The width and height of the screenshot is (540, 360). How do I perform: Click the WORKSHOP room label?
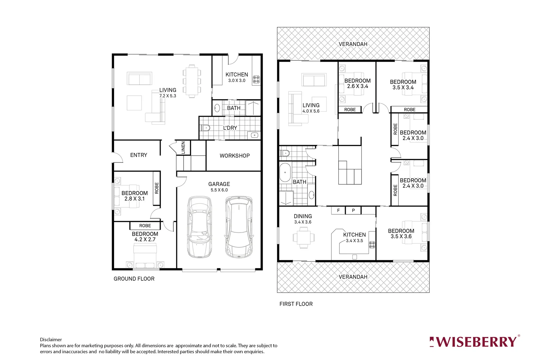tap(234, 156)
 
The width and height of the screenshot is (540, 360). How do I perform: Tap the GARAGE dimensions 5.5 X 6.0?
tap(219, 190)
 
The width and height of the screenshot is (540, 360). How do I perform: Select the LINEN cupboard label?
tap(183, 148)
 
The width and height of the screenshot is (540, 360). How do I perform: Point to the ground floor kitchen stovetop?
tap(256, 79)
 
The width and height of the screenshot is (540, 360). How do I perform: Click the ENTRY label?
tap(139, 155)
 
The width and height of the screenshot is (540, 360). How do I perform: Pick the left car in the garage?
tap(199, 227)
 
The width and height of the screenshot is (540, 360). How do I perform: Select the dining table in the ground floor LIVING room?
tap(192, 81)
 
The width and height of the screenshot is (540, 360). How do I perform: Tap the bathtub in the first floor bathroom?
tap(285, 172)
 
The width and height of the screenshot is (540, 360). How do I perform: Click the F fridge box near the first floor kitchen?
tap(338, 210)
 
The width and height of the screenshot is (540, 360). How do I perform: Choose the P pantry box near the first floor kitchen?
tap(353, 210)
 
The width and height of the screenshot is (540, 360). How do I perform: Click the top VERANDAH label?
tap(353, 44)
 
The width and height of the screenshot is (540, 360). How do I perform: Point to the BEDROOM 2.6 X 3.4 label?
tap(357, 83)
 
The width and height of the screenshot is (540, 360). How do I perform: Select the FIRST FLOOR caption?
tap(296, 304)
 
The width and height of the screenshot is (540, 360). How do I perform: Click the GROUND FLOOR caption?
tap(134, 279)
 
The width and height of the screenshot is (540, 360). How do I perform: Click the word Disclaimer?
tap(51, 340)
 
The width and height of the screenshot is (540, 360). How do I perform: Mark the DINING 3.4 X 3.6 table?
tap(303, 237)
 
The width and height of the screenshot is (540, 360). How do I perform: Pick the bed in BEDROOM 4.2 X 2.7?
tap(145, 255)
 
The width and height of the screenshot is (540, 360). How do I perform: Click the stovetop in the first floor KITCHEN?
tap(372, 245)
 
